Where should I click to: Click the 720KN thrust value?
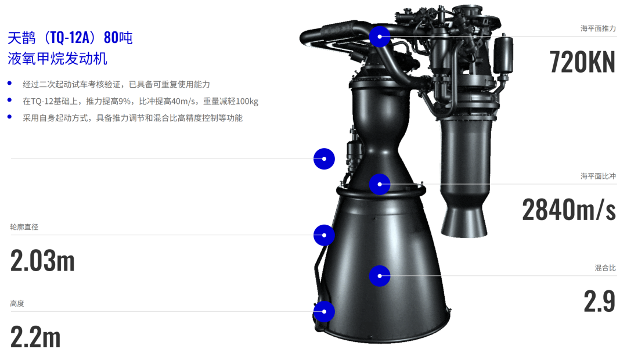click(582, 62)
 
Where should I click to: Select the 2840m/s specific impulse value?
click(568, 210)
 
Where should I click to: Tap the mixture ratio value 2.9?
click(599, 301)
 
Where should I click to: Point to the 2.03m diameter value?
click(42, 261)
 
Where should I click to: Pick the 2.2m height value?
click(35, 337)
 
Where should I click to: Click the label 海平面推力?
click(598, 28)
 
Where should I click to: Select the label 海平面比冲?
click(598, 176)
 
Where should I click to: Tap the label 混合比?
click(606, 268)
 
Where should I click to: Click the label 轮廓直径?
click(24, 227)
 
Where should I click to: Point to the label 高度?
click(17, 304)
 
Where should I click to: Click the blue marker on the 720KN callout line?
click(380, 37)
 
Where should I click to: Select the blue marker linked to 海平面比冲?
click(380, 185)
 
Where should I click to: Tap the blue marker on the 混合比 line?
click(380, 276)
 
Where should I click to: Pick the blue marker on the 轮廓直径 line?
click(324, 235)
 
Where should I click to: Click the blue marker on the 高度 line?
click(324, 312)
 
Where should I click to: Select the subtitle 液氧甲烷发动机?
click(57, 59)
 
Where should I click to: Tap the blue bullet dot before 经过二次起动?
click(10, 83)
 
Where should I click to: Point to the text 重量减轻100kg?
click(230, 101)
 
